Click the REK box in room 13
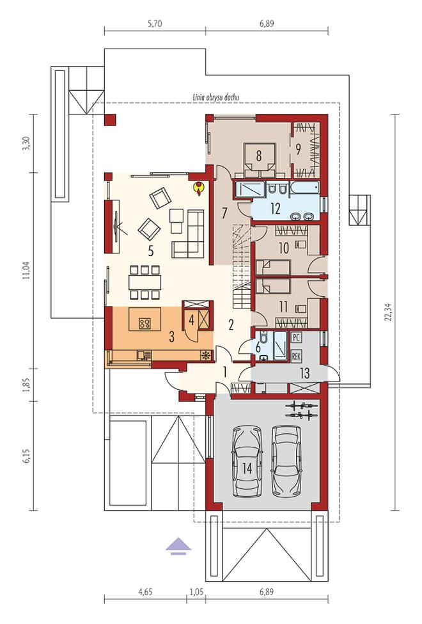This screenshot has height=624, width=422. (x=296, y=355)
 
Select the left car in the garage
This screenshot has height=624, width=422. (x=247, y=461)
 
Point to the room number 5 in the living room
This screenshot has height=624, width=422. (x=151, y=250)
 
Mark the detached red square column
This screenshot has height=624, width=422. (x=110, y=118)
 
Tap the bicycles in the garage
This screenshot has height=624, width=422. (x=301, y=410)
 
